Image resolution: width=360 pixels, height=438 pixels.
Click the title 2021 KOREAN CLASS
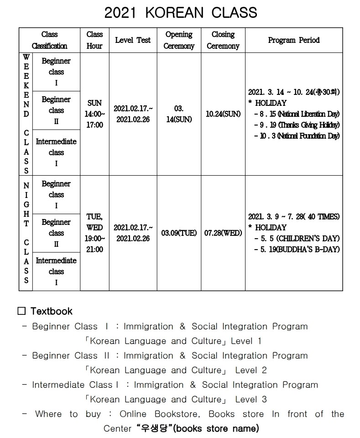pyautogui.click(x=180, y=12)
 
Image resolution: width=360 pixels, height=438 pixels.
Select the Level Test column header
pyautogui.click(x=133, y=40)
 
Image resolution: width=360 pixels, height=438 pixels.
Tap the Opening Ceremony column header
pyautogui.click(x=179, y=40)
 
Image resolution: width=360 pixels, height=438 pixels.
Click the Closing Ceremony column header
pyautogui.click(x=223, y=40)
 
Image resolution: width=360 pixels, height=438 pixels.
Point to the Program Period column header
pyautogui.click(x=294, y=40)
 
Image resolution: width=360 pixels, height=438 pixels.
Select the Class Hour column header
pyautogui.click(x=94, y=40)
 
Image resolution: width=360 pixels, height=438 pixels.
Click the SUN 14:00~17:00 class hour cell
pyautogui.click(x=94, y=114)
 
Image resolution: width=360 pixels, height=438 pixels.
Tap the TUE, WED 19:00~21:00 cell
pyautogui.click(x=94, y=233)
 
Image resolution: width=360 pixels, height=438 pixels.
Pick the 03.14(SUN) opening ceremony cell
pyautogui.click(x=179, y=114)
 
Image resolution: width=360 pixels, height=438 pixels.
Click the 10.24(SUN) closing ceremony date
pyautogui.click(x=223, y=114)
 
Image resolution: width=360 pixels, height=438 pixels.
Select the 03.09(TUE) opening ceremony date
pyautogui.click(x=179, y=233)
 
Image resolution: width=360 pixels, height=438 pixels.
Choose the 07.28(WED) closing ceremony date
pyautogui.click(x=223, y=233)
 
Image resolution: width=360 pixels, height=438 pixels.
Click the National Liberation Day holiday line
pyautogui.click(x=297, y=114)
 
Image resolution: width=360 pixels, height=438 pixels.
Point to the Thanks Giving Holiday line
pyautogui.click(x=297, y=125)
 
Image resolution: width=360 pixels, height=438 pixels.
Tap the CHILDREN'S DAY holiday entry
pyautogui.click(x=297, y=239)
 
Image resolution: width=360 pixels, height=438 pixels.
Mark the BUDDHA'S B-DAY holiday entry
pyautogui.click(x=297, y=250)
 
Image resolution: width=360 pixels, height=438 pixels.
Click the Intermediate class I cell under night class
pyautogui.click(x=56, y=271)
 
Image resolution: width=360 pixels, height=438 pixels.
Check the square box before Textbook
pyautogui.click(x=21, y=312)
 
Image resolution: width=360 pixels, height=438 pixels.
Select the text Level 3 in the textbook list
pyautogui.click(x=251, y=399)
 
